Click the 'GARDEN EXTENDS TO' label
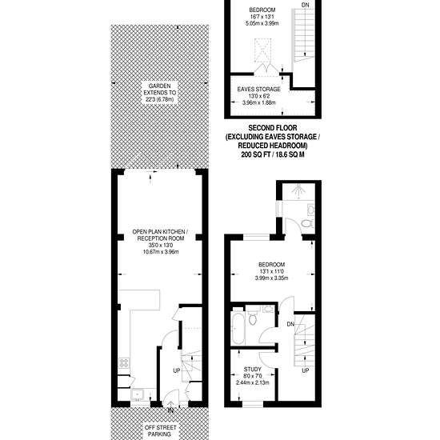click(x=160, y=90)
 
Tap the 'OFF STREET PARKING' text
click(x=161, y=430)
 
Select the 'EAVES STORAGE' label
click(x=258, y=90)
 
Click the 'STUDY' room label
click(x=253, y=370)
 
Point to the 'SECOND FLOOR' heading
click(x=273, y=128)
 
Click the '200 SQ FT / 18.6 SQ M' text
click(x=273, y=154)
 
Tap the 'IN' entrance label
click(x=170, y=410)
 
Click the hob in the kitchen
click(x=124, y=362)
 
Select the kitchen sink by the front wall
click(x=138, y=394)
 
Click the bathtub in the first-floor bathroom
click(x=238, y=328)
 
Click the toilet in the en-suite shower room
click(x=307, y=224)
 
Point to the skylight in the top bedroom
click(x=263, y=50)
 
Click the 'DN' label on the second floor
click(x=305, y=5)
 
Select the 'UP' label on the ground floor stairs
click(x=176, y=370)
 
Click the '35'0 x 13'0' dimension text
click(x=161, y=246)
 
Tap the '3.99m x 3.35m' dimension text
click(x=271, y=278)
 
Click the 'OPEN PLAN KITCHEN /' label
click(x=160, y=232)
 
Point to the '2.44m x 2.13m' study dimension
click(x=253, y=382)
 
